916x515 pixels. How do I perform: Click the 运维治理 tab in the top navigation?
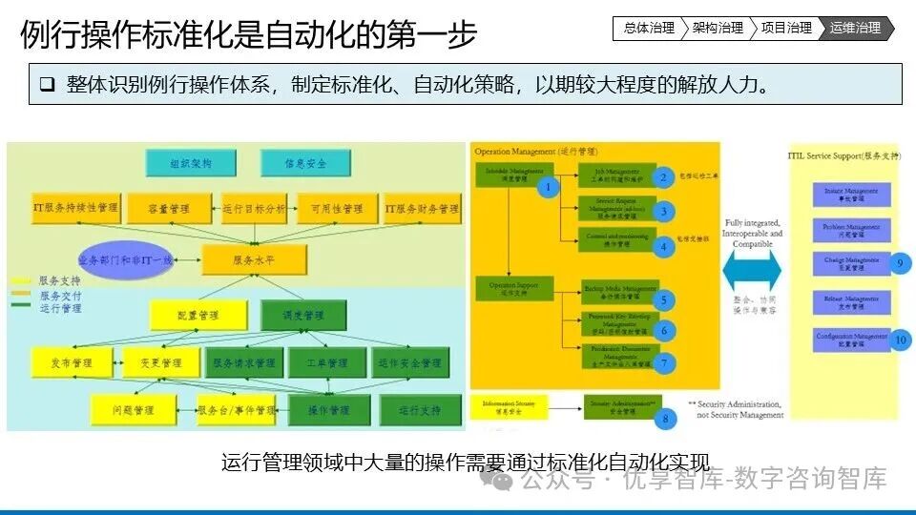point(856,29)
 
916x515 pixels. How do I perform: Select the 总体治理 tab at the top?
point(647,29)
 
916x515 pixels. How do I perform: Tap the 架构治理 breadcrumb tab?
point(717,29)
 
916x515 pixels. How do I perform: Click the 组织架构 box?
point(190,163)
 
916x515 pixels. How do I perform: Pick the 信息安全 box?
point(304,163)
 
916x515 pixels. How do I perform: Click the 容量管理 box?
point(169,209)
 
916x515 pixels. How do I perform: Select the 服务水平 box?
point(254,259)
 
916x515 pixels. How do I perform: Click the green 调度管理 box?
point(302,315)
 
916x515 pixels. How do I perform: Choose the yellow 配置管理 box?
point(198,315)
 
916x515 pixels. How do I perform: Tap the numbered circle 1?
point(548,188)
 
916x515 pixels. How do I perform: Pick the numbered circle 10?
point(901,340)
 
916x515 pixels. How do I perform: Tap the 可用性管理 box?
point(331,209)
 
